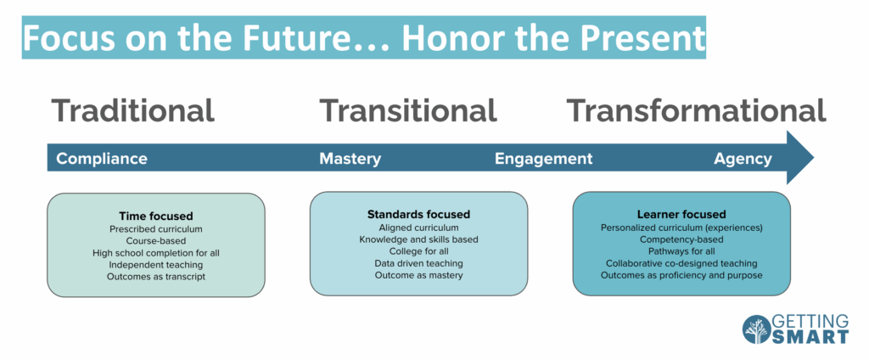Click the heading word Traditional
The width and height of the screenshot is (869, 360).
click(x=133, y=110)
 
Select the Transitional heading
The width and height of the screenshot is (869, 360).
click(x=408, y=110)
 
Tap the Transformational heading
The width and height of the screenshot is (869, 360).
click(x=696, y=110)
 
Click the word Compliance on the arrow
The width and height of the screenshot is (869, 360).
click(x=102, y=160)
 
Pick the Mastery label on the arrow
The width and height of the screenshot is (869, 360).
click(x=350, y=160)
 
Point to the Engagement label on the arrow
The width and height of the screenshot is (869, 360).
click(x=544, y=160)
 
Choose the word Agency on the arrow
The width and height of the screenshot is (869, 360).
click(x=743, y=160)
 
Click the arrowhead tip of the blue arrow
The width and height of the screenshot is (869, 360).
click(x=813, y=158)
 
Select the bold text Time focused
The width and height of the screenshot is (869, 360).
click(x=156, y=216)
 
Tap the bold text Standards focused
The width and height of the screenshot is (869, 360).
click(x=418, y=214)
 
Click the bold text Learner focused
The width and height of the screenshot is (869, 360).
click(x=681, y=214)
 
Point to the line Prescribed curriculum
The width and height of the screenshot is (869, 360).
click(x=156, y=228)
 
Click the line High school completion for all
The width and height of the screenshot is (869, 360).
click(x=156, y=253)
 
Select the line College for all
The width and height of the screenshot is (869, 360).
click(x=418, y=251)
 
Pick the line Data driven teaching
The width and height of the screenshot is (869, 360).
click(x=418, y=263)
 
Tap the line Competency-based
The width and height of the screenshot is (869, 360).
click(x=681, y=239)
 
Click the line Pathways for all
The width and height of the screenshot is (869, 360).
click(x=681, y=251)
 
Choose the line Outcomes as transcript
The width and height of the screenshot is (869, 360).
click(x=156, y=276)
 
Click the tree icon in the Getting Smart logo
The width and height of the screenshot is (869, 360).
click(x=756, y=329)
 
